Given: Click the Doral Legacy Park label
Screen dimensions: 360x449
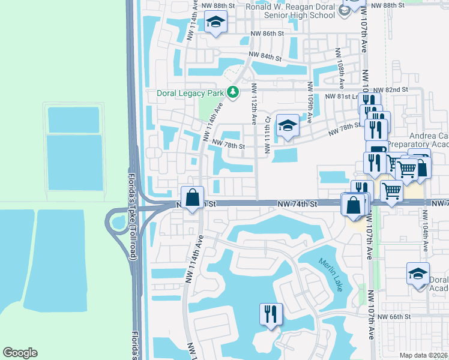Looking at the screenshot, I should tap(190, 93).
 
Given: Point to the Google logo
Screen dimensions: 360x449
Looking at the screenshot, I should tap(20, 353).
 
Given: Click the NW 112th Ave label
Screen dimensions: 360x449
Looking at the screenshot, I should tap(254, 99).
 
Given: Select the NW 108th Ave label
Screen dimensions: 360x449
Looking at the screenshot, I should tap(340, 74).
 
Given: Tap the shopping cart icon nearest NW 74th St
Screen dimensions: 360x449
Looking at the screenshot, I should tap(392, 192).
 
